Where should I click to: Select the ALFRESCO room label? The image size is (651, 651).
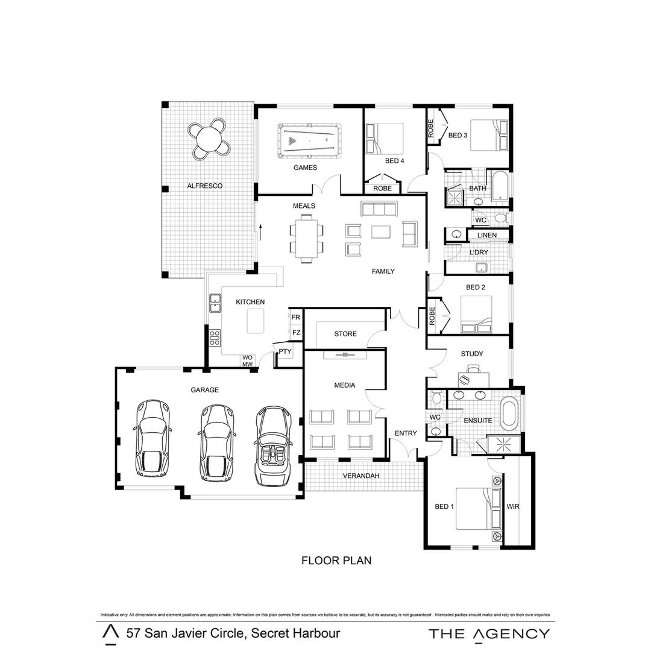click(204, 186)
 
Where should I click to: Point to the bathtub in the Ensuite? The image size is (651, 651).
click(510, 414)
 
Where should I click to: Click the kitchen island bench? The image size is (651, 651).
click(256, 321)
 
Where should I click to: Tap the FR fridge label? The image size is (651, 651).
click(295, 318)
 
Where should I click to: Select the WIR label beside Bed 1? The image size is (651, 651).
click(513, 507)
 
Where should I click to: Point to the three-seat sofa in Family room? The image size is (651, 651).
click(378, 209)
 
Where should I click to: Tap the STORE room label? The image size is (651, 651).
click(345, 334)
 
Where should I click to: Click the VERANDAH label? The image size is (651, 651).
click(360, 476)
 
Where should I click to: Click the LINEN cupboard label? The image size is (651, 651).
click(487, 235)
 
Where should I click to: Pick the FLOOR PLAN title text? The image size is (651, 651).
click(336, 561)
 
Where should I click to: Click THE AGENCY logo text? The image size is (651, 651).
click(489, 634)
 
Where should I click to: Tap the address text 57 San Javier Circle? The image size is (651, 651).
click(233, 634)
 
